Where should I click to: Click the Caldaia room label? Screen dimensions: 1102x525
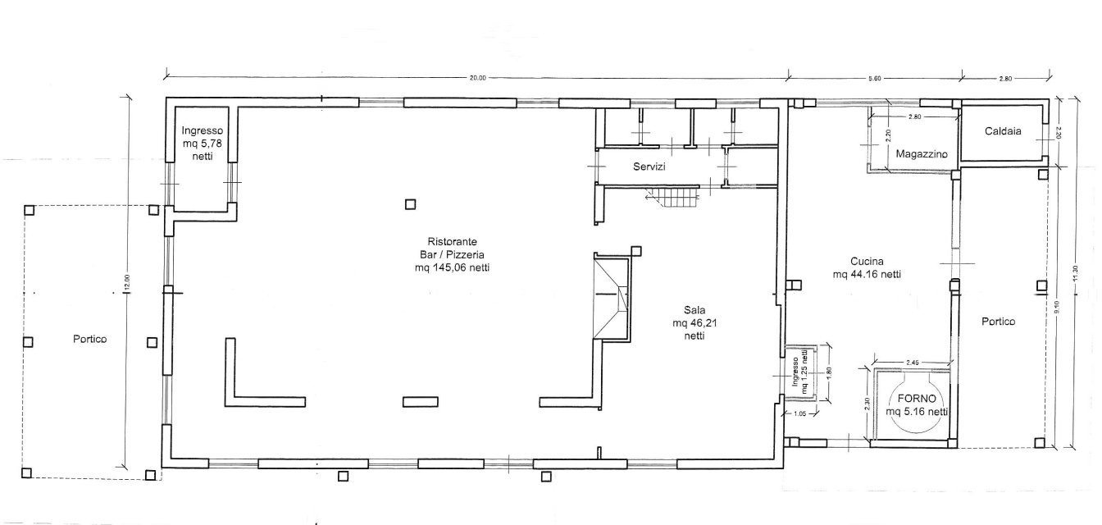[x=1003, y=131]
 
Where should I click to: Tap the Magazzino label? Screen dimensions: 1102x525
[x=922, y=154]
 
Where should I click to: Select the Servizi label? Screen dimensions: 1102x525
[x=649, y=167]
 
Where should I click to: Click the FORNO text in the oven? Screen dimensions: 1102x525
[x=917, y=399]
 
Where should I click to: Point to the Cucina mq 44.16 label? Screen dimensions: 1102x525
[x=867, y=267]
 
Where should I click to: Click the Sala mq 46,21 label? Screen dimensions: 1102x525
[x=694, y=322]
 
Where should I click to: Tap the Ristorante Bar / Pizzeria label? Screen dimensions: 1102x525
[x=452, y=254]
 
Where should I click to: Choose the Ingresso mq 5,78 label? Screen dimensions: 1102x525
[x=203, y=144]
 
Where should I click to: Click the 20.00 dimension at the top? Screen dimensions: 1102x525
[x=477, y=78]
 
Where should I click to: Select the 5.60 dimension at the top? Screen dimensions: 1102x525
[x=874, y=78]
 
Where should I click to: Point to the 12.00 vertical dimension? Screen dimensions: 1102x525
[x=127, y=281]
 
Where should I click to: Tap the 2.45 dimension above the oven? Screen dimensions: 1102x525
[x=912, y=363]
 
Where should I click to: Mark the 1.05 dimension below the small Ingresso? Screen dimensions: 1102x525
[x=800, y=413]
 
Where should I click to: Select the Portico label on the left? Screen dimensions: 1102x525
[x=89, y=339]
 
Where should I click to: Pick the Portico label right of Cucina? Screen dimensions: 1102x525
[x=998, y=322]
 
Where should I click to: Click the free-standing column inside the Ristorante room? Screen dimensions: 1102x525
[x=410, y=204]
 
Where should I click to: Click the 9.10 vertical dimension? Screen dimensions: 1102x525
[x=1057, y=307]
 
